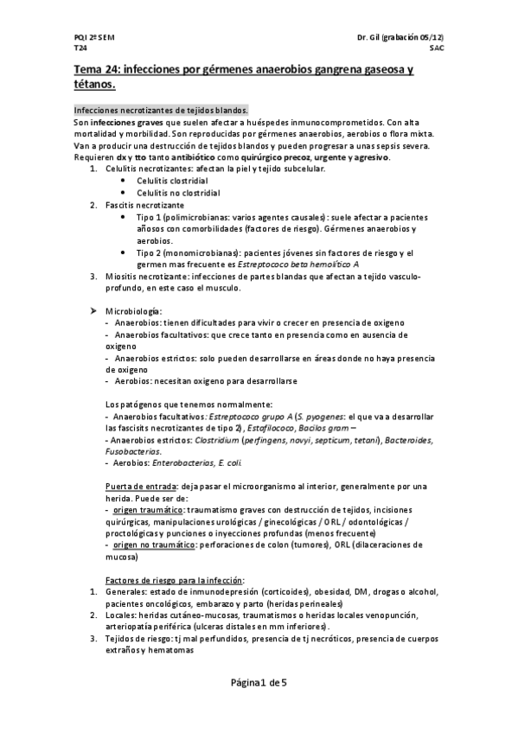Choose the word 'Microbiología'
pyautogui.click(x=132, y=309)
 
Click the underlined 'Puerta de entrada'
pyautogui.click(x=141, y=485)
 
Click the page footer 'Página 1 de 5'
pyautogui.click(x=259, y=682)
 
